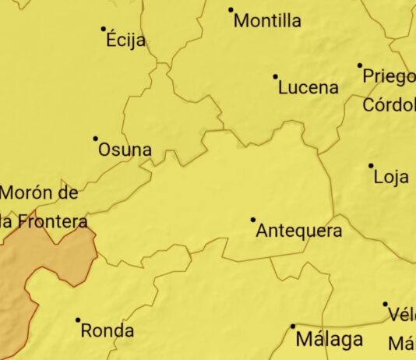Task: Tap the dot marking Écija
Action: (x=104, y=29)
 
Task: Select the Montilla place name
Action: (x=267, y=21)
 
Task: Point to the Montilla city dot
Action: (x=231, y=10)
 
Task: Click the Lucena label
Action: (x=308, y=87)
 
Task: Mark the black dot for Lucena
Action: (x=275, y=76)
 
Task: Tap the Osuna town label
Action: (x=125, y=150)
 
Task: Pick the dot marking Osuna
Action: (x=96, y=139)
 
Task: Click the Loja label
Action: (x=391, y=177)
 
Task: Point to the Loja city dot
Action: (x=371, y=165)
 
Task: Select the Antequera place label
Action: (x=298, y=231)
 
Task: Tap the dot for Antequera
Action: (x=253, y=220)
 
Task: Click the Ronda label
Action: (x=108, y=330)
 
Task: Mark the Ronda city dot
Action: (x=78, y=319)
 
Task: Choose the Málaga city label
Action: (x=329, y=340)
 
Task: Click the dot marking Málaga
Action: (x=293, y=326)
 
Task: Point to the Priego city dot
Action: (x=360, y=65)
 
